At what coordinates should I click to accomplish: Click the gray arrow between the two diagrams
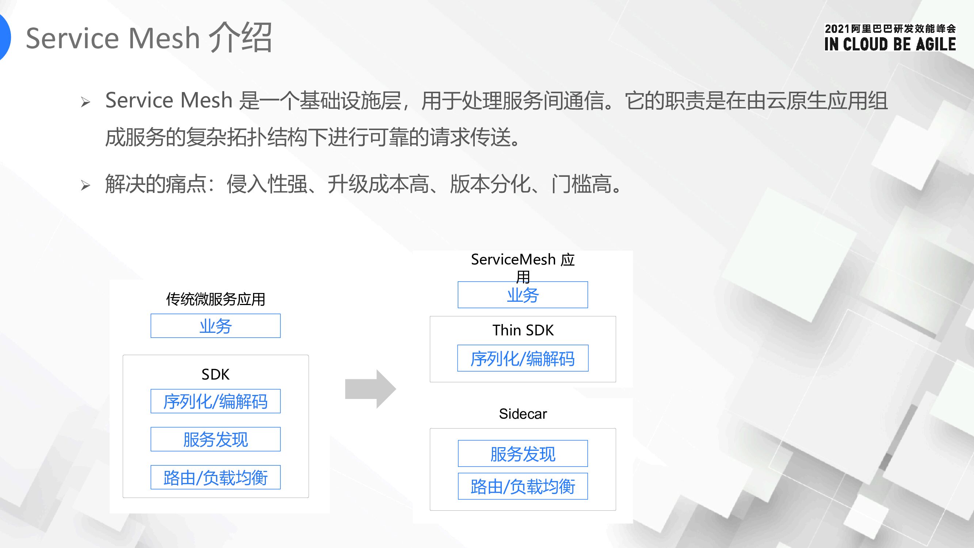tap(370, 389)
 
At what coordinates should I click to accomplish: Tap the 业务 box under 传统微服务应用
tap(215, 326)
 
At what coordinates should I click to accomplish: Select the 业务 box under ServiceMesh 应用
tap(523, 295)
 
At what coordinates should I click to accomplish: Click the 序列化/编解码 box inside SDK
tap(215, 401)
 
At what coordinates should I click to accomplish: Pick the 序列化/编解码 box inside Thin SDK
tap(523, 358)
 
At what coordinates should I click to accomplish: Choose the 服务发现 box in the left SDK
tap(215, 439)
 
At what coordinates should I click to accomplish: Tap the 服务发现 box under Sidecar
tap(523, 453)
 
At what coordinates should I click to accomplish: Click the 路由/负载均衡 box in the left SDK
tap(215, 477)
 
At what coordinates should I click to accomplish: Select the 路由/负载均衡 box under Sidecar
tap(523, 486)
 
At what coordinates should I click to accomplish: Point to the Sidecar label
tap(523, 414)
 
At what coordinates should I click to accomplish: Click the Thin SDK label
tap(523, 330)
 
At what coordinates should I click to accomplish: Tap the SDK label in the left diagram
tap(215, 374)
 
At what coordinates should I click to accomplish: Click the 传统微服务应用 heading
tap(215, 299)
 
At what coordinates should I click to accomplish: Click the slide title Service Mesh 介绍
tap(149, 38)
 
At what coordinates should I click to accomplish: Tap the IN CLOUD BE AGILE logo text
tap(890, 44)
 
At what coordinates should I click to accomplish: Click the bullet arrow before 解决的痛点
tap(85, 185)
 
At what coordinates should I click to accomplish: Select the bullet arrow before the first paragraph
tap(85, 102)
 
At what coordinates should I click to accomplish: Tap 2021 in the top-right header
tap(837, 29)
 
